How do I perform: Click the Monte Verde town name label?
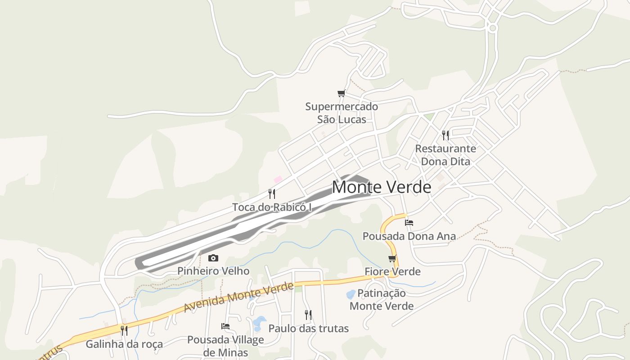[382, 187]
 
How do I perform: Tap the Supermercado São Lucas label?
[342, 113]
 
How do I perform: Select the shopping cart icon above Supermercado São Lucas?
[342, 94]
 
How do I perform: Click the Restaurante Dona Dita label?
[445, 155]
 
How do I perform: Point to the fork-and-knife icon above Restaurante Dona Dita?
[445, 135]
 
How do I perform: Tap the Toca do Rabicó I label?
[272, 207]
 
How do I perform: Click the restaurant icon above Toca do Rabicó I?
[272, 194]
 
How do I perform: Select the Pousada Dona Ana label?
[409, 236]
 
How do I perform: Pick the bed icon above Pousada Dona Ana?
[409, 222]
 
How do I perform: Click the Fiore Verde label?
[392, 272]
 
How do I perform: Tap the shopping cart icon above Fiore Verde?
[392, 258]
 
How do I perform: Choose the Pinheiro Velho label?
[213, 271]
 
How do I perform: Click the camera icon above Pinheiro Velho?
[213, 258]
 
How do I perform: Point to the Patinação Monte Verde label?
[382, 300]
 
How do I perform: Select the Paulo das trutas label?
[308, 328]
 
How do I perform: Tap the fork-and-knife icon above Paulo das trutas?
[308, 315]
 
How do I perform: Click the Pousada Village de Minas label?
[225, 346]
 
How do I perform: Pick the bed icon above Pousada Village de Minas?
[225, 326]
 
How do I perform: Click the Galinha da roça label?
[124, 345]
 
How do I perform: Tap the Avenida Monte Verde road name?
[238, 297]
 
